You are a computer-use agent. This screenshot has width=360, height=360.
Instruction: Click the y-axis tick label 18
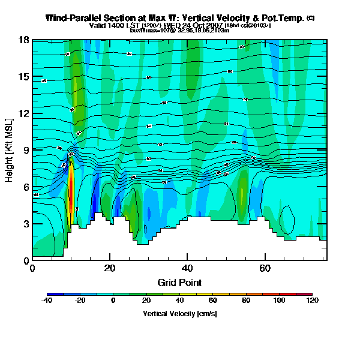tap(24, 40)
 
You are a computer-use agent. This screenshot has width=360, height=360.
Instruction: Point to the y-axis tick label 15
tap(24, 77)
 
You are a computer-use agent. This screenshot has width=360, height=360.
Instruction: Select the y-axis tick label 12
tap(24, 113)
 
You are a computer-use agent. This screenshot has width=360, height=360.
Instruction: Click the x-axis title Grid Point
tap(179, 282)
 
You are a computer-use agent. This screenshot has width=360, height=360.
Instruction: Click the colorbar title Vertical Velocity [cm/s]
tap(179, 314)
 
